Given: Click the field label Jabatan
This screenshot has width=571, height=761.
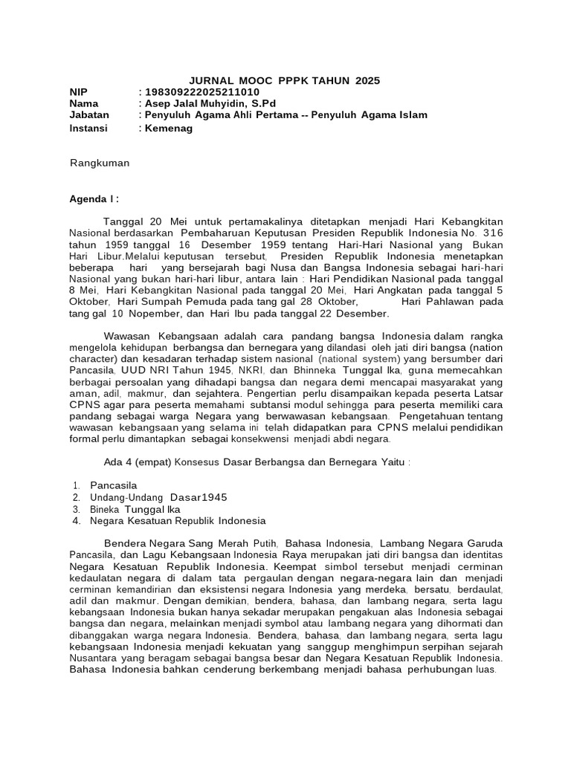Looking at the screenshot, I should point(89,115).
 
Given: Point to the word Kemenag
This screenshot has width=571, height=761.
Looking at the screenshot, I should point(169,128).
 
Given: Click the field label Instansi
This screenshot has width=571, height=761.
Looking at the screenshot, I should point(88,128).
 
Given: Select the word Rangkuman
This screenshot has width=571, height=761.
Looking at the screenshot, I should point(100,163).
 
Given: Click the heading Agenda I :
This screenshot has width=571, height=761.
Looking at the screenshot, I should point(94,199).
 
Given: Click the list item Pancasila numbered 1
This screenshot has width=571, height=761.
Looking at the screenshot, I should point(114,485).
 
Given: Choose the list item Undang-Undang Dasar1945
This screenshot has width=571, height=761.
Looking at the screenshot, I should point(158,496).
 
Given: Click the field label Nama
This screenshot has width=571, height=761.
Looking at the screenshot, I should point(84,103).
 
